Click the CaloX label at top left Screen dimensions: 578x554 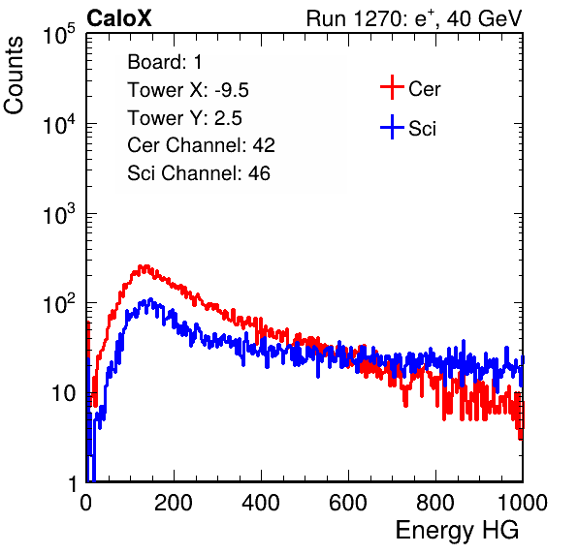click(118, 18)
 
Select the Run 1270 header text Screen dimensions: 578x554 click(414, 18)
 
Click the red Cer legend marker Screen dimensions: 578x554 click(392, 87)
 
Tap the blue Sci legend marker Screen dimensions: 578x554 click(392, 127)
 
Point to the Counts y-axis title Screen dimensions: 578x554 click(14, 76)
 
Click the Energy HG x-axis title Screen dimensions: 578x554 click(457, 531)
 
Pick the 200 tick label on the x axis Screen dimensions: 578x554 click(174, 503)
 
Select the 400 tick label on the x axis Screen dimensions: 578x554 click(261, 503)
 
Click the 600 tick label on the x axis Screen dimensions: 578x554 click(348, 503)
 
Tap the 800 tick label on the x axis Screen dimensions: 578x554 click(435, 503)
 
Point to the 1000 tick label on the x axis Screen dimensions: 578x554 click(523, 503)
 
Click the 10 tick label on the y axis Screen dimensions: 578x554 click(63, 393)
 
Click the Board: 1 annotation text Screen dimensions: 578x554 click(165, 62)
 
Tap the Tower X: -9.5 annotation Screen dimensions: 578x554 click(188, 90)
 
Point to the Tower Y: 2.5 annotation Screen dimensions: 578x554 click(184, 118)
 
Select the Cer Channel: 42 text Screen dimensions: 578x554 click(202, 145)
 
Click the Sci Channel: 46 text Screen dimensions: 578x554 click(199, 173)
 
